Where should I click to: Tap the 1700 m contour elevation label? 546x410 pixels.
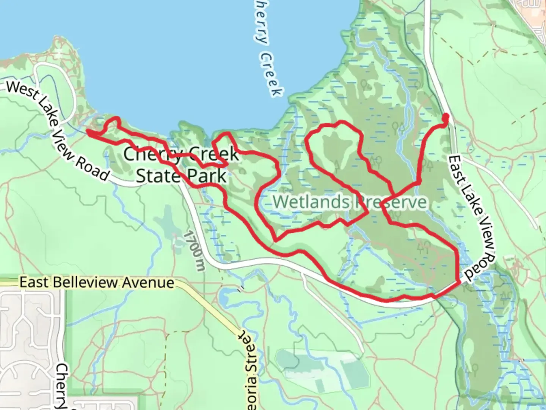194,251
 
